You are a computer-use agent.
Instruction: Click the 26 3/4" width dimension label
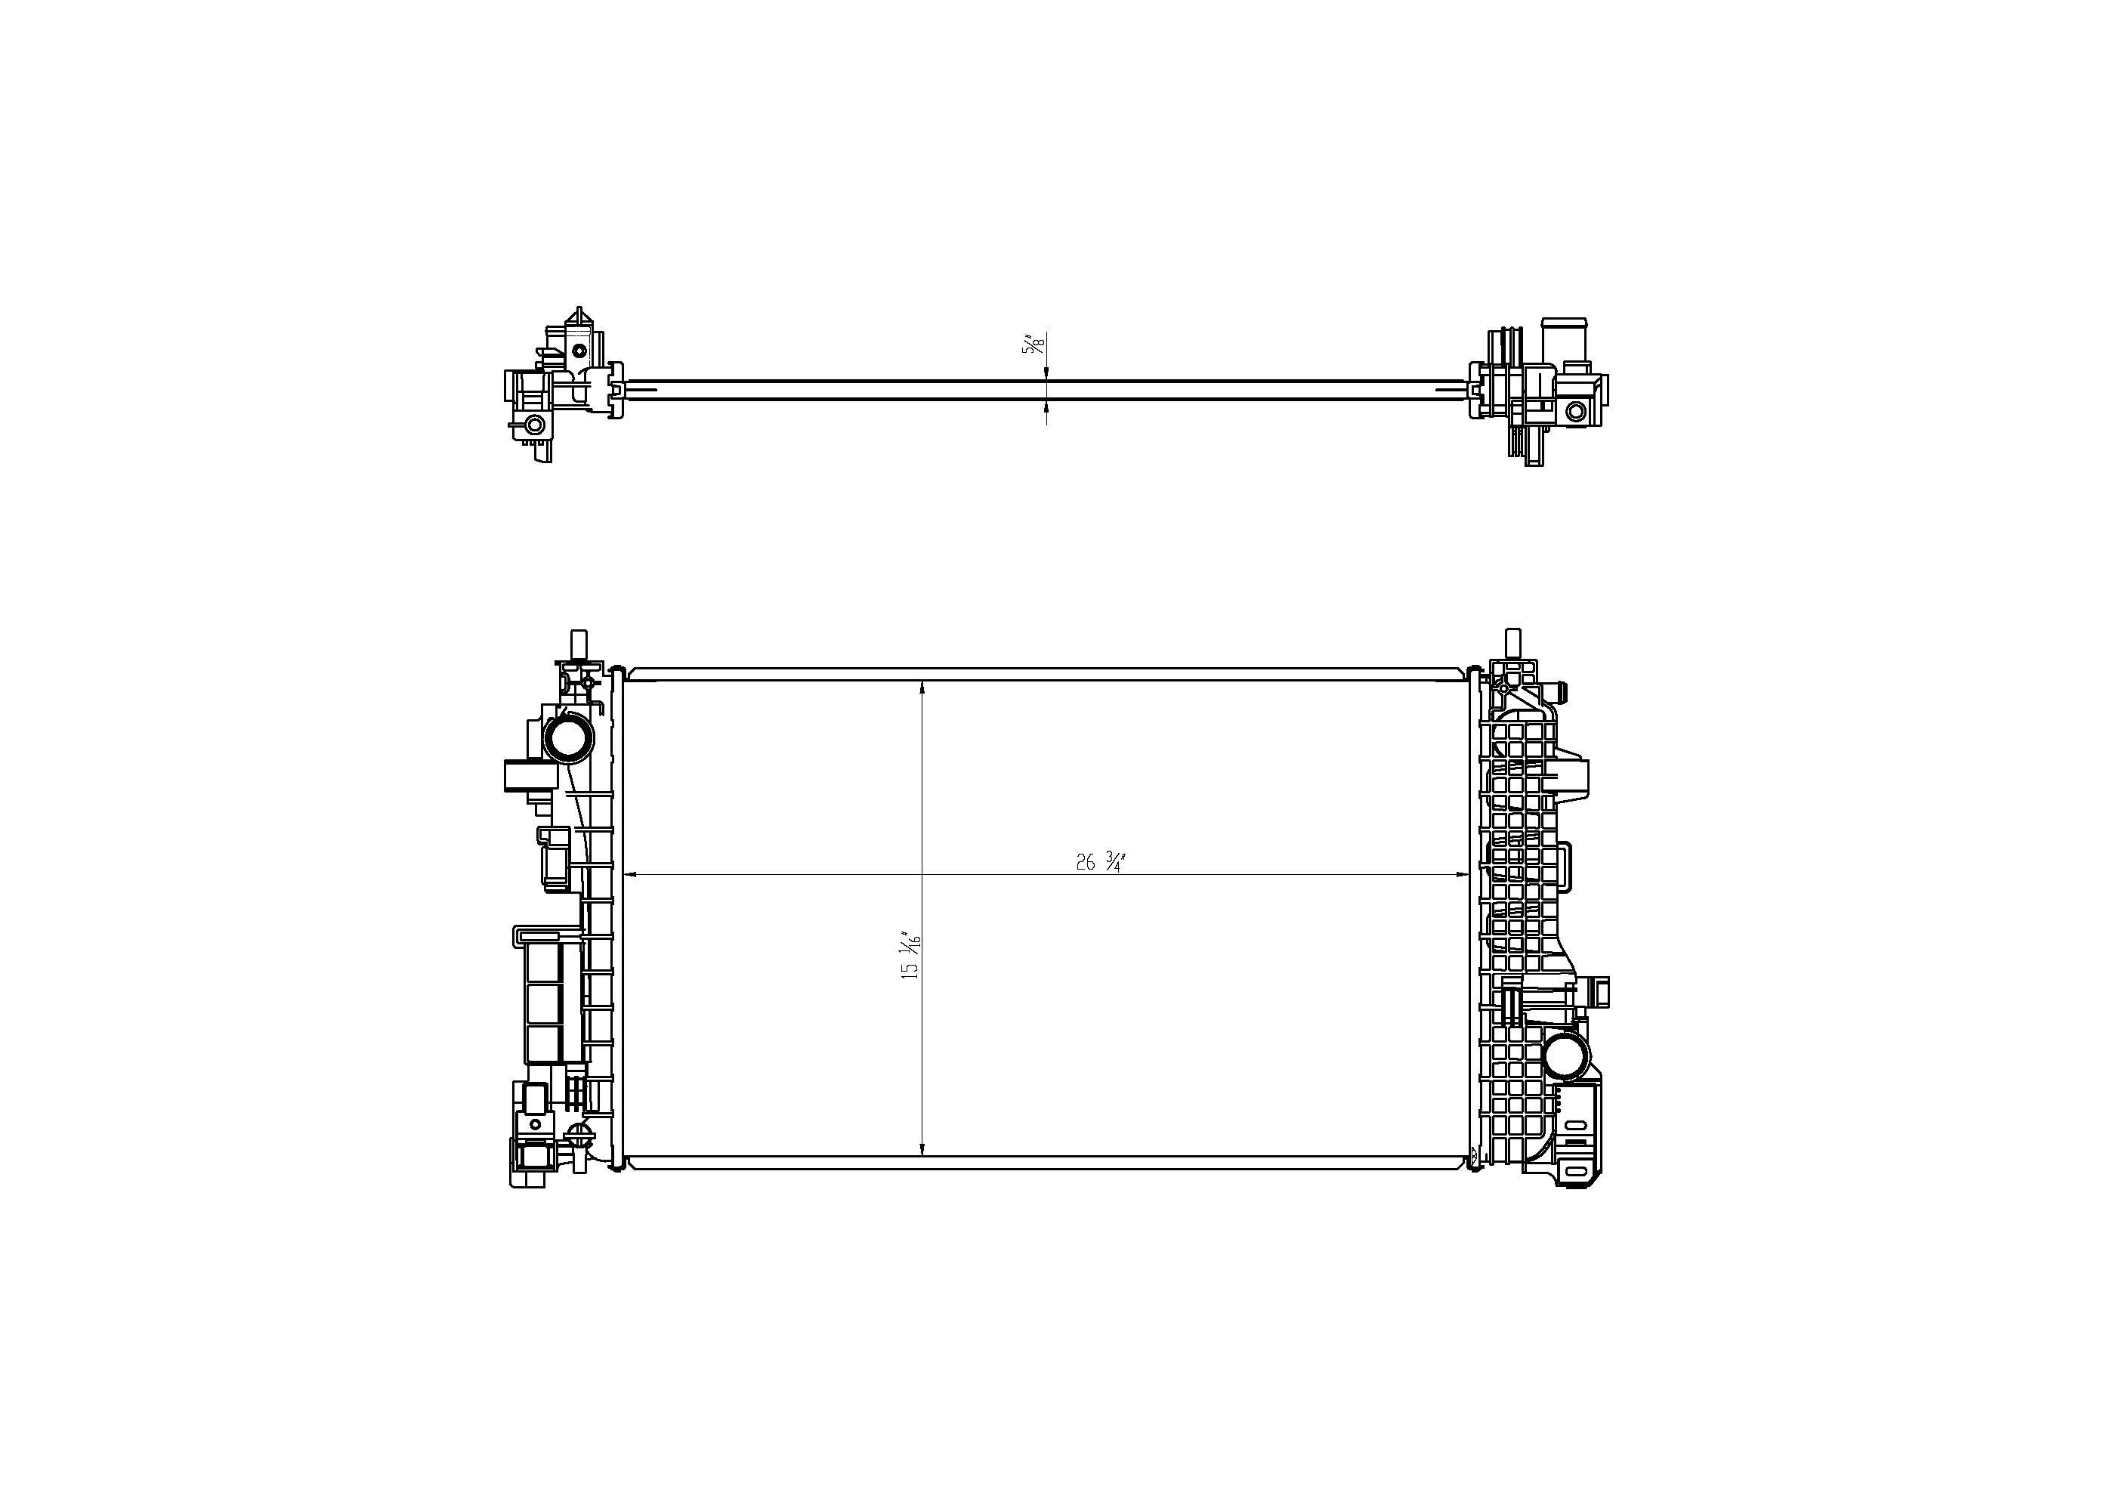point(1099,862)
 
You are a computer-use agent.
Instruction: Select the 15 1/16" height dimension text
point(912,956)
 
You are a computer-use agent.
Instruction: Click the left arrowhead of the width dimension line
point(632,874)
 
